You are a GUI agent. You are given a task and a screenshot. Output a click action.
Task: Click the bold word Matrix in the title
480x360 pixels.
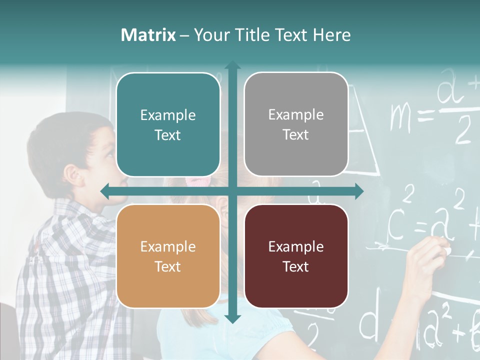click(x=148, y=35)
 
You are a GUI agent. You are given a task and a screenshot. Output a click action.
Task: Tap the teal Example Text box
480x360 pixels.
click(x=168, y=124)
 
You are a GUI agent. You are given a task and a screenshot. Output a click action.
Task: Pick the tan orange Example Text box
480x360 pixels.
click(x=168, y=256)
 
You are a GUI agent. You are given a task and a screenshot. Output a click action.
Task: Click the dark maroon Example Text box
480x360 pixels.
click(x=296, y=256)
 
